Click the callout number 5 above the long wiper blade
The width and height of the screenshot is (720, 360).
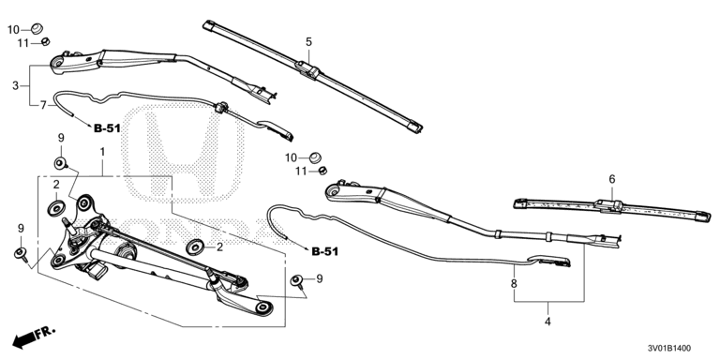pos(308,42)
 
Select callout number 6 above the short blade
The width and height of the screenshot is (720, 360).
pos(612,179)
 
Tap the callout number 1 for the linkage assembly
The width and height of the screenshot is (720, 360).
pos(102,151)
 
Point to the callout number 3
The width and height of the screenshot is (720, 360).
pos(16,85)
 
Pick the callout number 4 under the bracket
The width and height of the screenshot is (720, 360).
pos(547,322)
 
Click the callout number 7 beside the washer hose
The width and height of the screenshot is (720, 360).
pos(43,105)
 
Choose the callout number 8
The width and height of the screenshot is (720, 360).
pos(514,283)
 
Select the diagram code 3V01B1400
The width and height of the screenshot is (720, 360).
pos(669,349)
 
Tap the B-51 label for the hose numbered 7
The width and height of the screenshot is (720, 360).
pos(107,128)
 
